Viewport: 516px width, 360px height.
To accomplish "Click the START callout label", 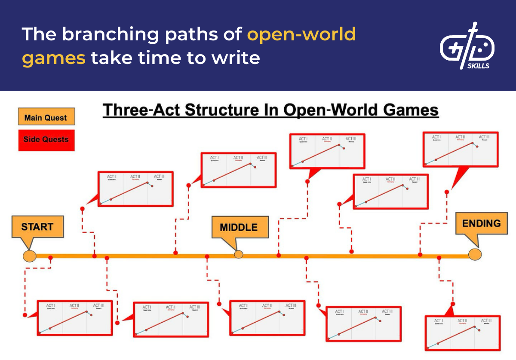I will [x=37, y=227].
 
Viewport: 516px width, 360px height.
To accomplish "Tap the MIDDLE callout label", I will [x=239, y=227].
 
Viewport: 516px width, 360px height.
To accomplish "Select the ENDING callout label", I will [x=481, y=223].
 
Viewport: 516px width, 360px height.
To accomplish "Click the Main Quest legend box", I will [x=46, y=117].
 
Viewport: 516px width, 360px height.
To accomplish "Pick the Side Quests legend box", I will [x=46, y=140].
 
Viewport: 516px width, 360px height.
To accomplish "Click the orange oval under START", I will [x=29, y=256].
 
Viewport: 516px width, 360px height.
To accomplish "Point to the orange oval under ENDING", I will [x=475, y=254].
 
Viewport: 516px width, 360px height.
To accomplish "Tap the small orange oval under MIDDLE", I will [x=238, y=254].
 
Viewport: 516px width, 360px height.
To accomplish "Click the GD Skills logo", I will [x=467, y=46].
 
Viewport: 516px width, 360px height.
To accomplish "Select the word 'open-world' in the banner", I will [x=301, y=34].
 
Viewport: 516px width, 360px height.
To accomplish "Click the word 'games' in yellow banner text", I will [x=54, y=58].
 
